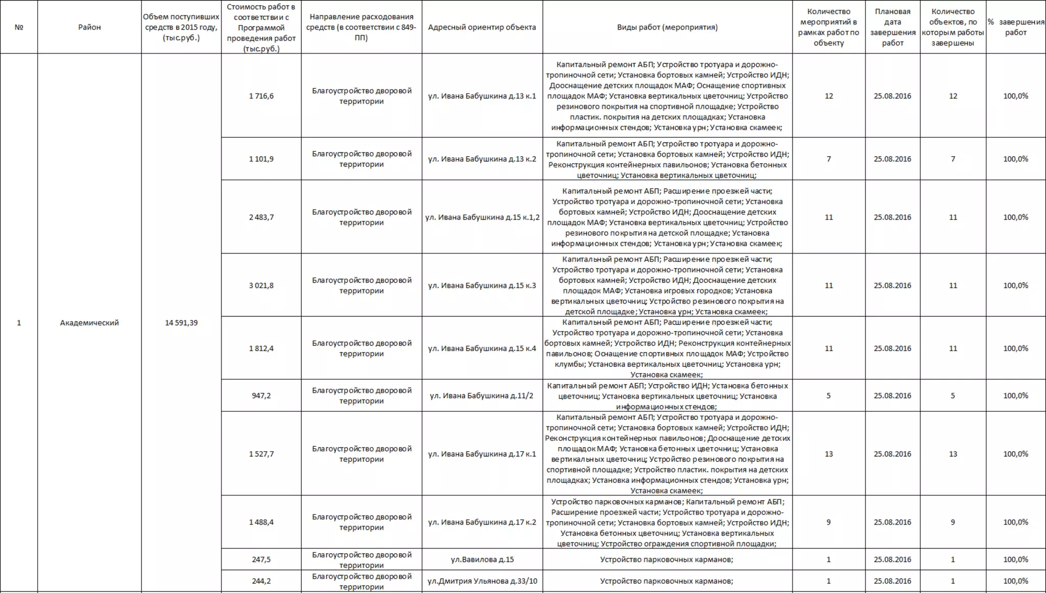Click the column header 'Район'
(x=89, y=27)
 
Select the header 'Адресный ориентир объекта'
(x=482, y=27)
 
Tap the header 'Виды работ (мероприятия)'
(x=667, y=27)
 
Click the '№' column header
(x=19, y=27)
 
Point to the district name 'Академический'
(x=89, y=323)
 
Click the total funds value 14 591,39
(x=181, y=323)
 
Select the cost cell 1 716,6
(x=261, y=96)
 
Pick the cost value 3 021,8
(x=261, y=285)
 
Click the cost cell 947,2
(x=261, y=396)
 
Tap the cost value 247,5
(x=261, y=559)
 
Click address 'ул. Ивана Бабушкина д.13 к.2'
(x=482, y=159)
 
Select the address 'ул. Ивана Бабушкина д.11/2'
(x=482, y=396)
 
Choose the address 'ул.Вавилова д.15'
(x=482, y=559)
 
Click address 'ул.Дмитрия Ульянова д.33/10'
(x=482, y=581)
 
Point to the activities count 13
(x=828, y=454)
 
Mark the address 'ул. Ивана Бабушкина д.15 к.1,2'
(x=482, y=217)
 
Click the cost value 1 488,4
(x=261, y=522)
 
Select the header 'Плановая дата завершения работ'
(x=892, y=27)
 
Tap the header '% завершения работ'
(x=1015, y=27)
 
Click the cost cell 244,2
(x=261, y=581)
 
